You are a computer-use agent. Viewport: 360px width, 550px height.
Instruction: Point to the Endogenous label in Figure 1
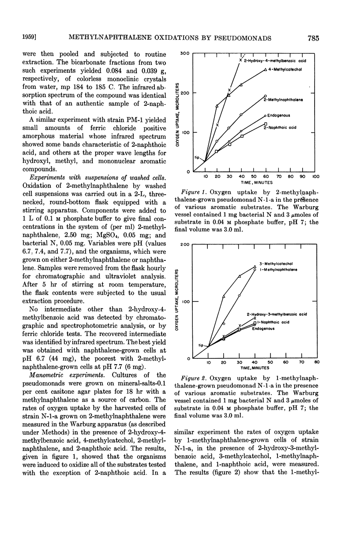278,116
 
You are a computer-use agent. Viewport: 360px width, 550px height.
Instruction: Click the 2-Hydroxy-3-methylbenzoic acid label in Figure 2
283,314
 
